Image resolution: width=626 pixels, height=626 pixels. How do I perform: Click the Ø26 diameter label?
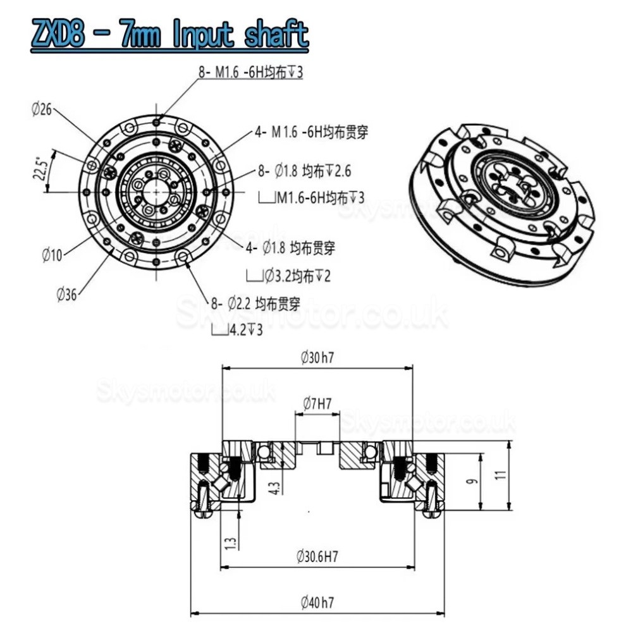point(41,109)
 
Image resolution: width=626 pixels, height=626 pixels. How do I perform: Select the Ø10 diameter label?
point(52,255)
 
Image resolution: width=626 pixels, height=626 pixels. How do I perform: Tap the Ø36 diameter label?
point(67,293)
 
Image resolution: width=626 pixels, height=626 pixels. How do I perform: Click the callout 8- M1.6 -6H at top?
point(251,73)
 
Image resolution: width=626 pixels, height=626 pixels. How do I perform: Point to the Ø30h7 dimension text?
point(317,357)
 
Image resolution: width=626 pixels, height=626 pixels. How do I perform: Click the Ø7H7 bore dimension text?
point(317,402)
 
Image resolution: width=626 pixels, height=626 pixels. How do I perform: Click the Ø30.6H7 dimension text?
point(317,557)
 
